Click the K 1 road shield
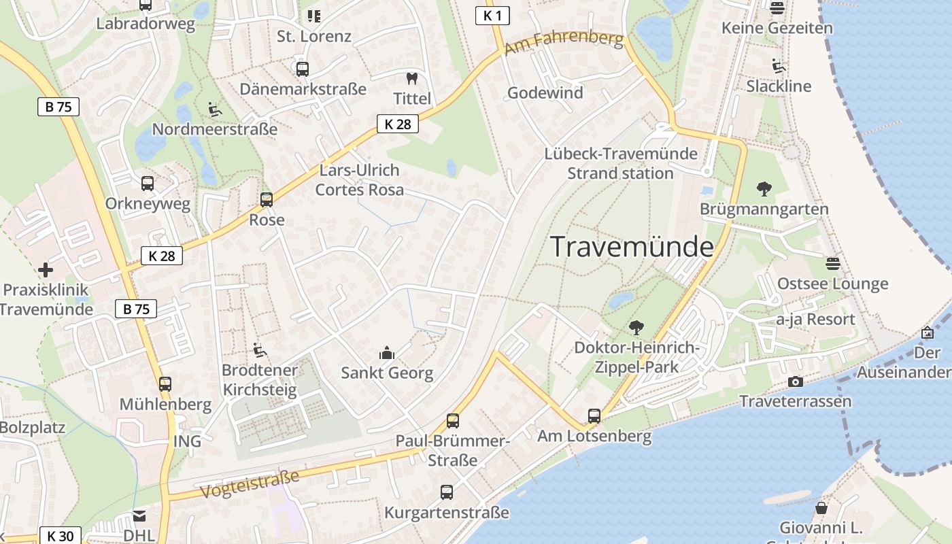coord(493,16)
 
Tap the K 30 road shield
coord(61,536)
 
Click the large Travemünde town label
coord(632,246)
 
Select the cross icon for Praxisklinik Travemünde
coord(46,270)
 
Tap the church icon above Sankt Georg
coord(387,353)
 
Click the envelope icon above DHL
coord(139,516)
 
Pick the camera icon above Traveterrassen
coord(795,381)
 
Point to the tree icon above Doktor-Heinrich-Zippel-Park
coord(636,328)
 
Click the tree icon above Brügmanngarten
coord(764,188)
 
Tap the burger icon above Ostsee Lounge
coord(833,263)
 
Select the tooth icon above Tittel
coord(411,79)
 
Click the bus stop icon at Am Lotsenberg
coord(594,415)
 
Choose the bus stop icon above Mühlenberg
coord(165,384)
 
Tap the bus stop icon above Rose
coord(267,200)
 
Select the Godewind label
coord(545,93)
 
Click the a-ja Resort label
coord(815,320)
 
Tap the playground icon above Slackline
coord(779,66)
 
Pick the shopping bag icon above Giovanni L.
coord(821,508)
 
